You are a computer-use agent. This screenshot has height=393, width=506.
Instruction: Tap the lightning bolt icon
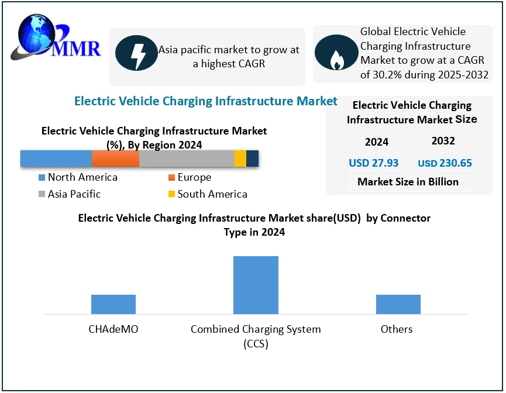pyautogui.click(x=136, y=53)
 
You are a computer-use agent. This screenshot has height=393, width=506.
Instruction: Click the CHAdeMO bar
pyautogui.click(x=113, y=304)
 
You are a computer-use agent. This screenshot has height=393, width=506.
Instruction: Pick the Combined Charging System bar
pyautogui.click(x=256, y=285)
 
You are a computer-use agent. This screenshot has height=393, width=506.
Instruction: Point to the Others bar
pyautogui.click(x=398, y=304)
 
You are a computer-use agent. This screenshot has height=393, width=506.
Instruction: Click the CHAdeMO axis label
pyautogui.click(x=113, y=329)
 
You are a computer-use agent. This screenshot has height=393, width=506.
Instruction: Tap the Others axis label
pyautogui.click(x=397, y=329)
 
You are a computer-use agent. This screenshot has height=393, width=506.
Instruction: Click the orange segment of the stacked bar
pyautogui.click(x=115, y=158)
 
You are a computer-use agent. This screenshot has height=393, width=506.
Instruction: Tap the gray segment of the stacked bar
pyautogui.click(x=187, y=158)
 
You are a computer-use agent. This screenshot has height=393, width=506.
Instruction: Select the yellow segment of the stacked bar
pyautogui.click(x=240, y=158)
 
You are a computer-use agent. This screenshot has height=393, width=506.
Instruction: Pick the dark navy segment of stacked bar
pyautogui.click(x=252, y=158)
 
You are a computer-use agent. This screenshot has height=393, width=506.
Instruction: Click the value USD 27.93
pyautogui.click(x=373, y=163)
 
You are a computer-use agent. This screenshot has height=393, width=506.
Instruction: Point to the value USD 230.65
pyautogui.click(x=445, y=163)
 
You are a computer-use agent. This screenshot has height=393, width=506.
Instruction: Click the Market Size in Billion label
pyautogui.click(x=408, y=182)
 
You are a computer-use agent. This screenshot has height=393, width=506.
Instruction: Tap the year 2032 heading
pyautogui.click(x=443, y=141)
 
